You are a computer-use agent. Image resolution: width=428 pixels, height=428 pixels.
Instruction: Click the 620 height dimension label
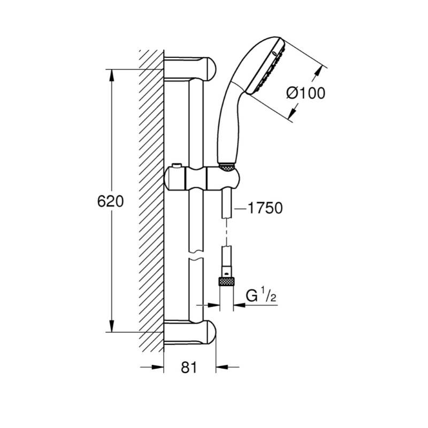pyautogui.click(x=110, y=202)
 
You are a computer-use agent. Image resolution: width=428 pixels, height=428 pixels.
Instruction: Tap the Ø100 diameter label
pyautogui.click(x=305, y=93)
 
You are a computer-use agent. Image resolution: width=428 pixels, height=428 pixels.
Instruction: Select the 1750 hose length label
pyautogui.click(x=265, y=208)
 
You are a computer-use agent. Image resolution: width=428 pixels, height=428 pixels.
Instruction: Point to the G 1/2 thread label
pyautogui.click(x=261, y=296)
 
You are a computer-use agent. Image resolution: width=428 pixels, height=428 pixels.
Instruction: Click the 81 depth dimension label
pyautogui.click(x=189, y=368)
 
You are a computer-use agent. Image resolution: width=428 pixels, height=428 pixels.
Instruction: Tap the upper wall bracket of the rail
pyautogui.click(x=190, y=69)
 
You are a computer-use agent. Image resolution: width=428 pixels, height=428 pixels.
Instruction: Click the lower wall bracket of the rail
pyautogui.click(x=190, y=332)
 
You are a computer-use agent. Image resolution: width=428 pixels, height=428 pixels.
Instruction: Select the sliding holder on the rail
pyautogui.click(x=203, y=179)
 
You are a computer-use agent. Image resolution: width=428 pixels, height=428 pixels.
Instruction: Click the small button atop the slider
pyautogui.click(x=177, y=166)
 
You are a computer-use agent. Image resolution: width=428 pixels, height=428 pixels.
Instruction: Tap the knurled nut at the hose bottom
pyautogui.click(x=226, y=281)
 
